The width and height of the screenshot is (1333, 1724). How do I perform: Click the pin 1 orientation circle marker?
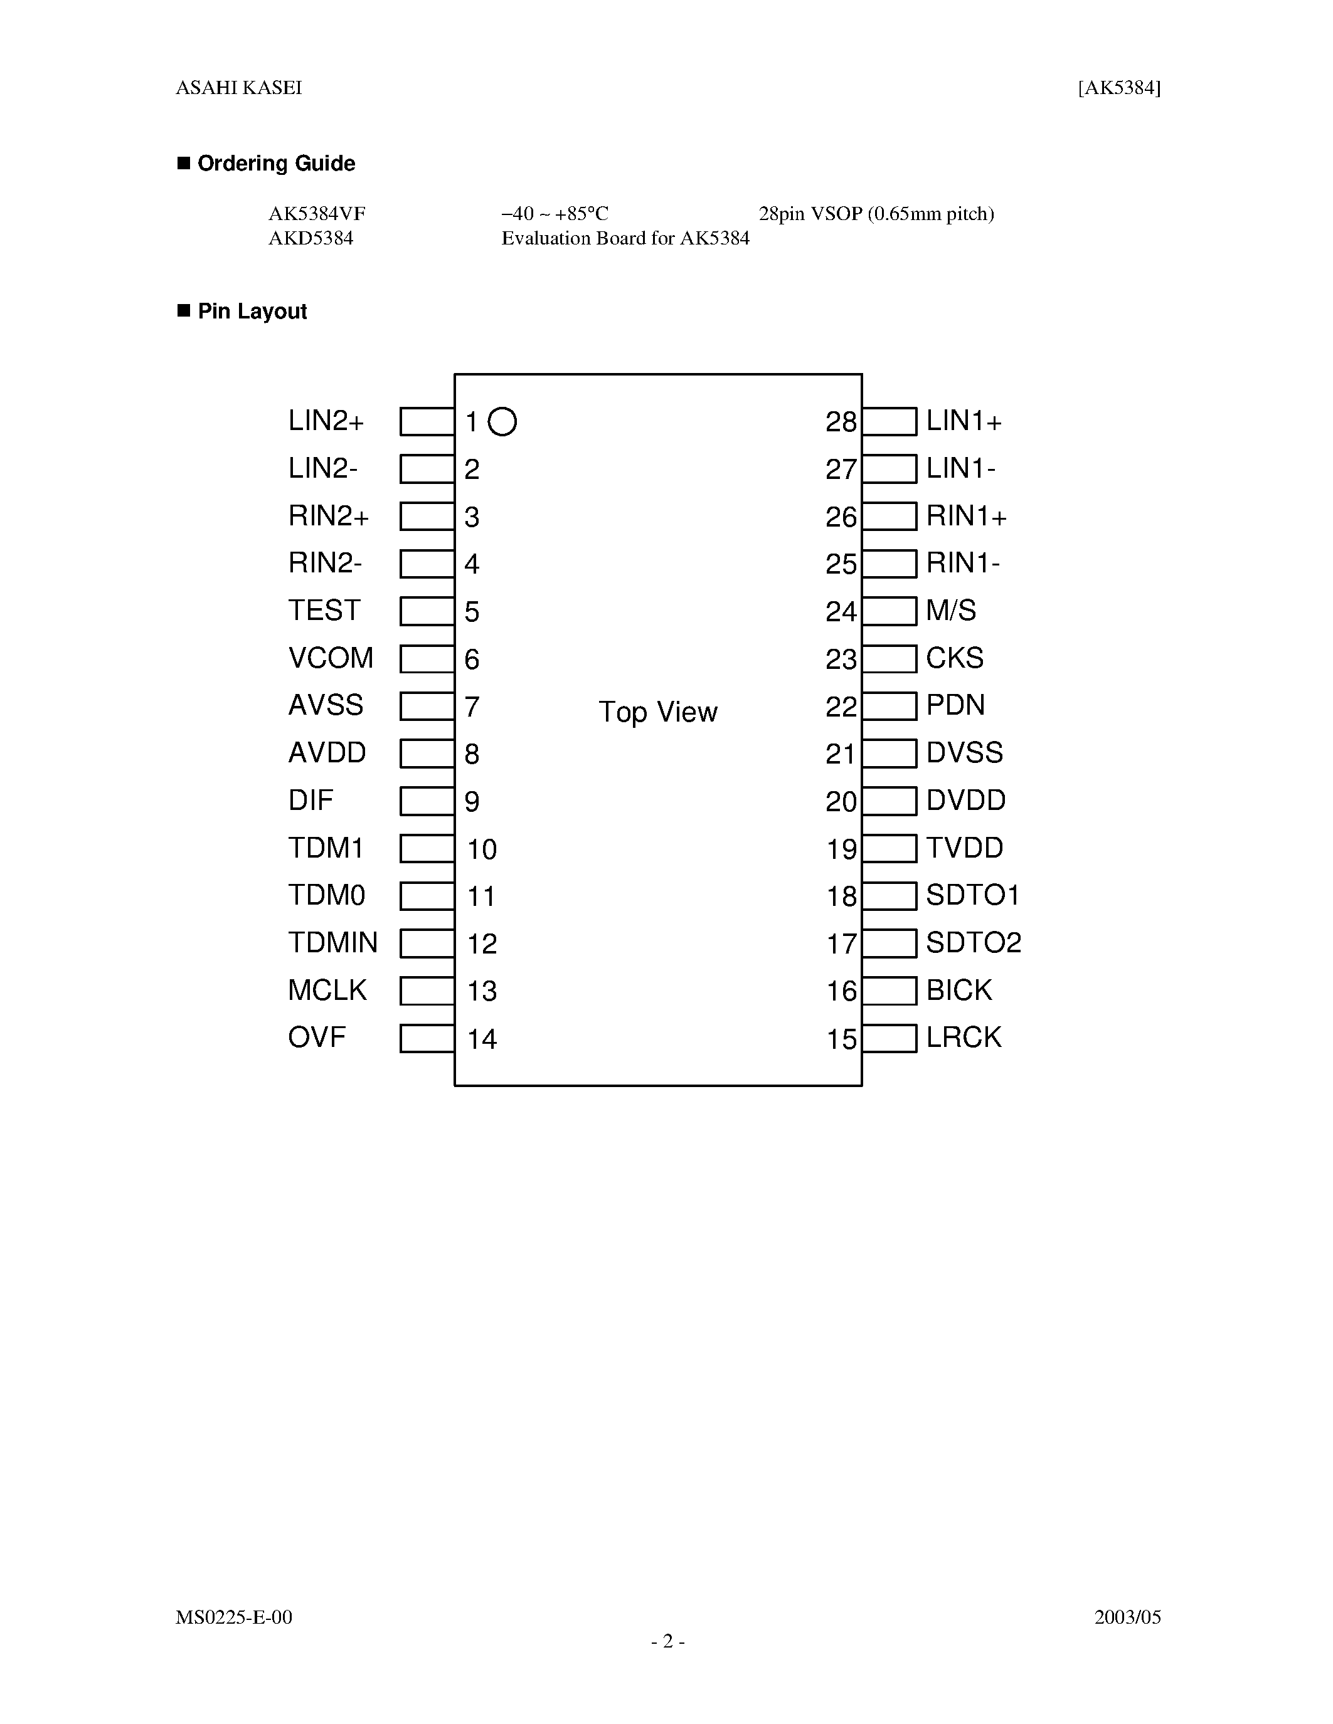click(502, 421)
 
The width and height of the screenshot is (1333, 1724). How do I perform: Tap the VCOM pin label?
click(330, 658)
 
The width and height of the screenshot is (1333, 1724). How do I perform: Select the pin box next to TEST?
click(427, 611)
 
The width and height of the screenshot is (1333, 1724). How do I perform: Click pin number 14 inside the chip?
click(482, 1039)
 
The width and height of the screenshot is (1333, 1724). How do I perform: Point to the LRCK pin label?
click(964, 1038)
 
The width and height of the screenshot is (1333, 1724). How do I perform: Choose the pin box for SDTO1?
click(890, 896)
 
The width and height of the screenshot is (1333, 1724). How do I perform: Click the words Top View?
click(658, 712)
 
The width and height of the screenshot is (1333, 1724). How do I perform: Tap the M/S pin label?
click(951, 610)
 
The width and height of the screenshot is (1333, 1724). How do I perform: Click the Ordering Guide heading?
click(275, 164)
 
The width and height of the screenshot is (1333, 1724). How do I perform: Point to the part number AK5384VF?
click(317, 214)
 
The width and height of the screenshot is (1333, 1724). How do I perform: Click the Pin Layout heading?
click(252, 311)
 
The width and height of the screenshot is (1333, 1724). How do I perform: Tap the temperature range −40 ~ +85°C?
click(555, 214)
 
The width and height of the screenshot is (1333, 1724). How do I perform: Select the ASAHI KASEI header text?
click(238, 88)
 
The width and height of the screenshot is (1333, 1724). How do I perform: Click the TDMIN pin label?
click(332, 942)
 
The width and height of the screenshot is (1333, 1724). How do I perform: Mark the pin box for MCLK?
click(427, 991)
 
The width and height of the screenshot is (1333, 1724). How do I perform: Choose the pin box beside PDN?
click(890, 706)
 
